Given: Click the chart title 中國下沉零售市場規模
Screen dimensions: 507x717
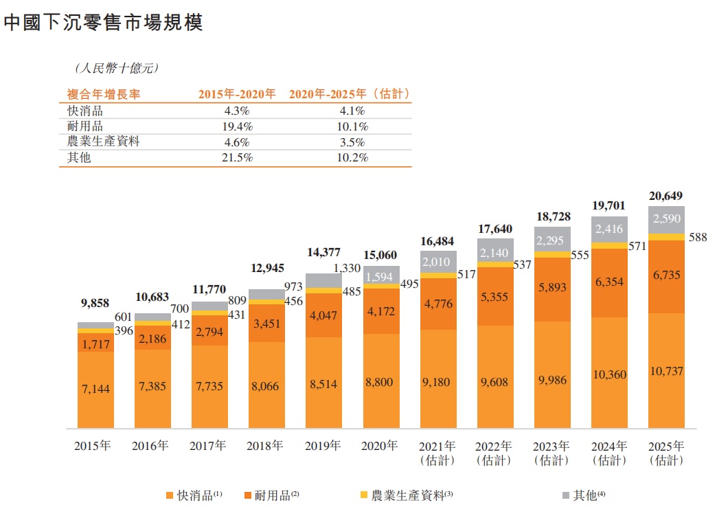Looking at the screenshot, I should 102,23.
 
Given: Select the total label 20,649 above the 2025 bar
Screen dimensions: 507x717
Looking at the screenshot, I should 665,196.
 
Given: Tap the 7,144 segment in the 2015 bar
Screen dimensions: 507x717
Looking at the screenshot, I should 95,389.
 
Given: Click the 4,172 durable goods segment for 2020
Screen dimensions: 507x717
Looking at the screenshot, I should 380,311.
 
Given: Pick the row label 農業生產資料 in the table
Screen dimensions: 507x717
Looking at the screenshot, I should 101,142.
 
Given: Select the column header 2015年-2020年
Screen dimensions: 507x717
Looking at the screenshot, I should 237,94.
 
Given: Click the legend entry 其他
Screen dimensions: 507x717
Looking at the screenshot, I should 584,495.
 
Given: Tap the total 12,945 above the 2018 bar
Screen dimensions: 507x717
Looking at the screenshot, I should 266,267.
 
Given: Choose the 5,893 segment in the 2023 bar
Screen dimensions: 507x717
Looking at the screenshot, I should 551,288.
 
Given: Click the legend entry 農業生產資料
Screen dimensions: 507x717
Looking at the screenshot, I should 407,495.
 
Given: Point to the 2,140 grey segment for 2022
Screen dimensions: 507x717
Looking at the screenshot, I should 494,253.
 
